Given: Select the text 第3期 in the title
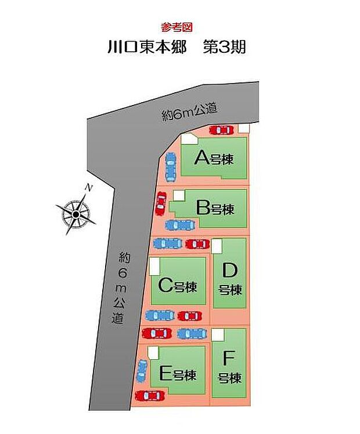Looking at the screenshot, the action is (224, 47).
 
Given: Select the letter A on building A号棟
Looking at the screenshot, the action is (201, 157).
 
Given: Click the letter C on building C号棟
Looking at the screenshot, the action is (164, 285).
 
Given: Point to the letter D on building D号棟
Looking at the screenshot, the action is (230, 270).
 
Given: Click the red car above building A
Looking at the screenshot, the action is (222, 130).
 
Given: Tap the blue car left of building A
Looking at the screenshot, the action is (170, 167).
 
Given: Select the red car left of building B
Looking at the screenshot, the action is (161, 202).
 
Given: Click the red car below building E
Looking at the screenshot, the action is (149, 396).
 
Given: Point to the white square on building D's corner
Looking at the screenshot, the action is (217, 246).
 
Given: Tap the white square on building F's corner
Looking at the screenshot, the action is (218, 335).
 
